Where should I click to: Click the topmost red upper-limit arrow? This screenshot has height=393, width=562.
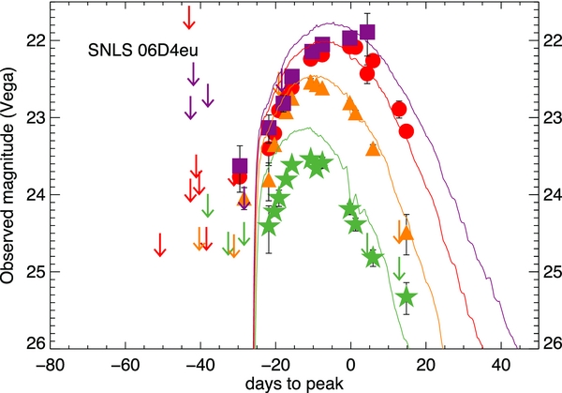(x=189, y=17)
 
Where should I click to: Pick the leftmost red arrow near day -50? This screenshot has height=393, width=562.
(x=160, y=244)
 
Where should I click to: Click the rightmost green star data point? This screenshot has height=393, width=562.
(x=407, y=297)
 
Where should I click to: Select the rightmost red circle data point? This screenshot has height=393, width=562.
(x=407, y=131)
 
